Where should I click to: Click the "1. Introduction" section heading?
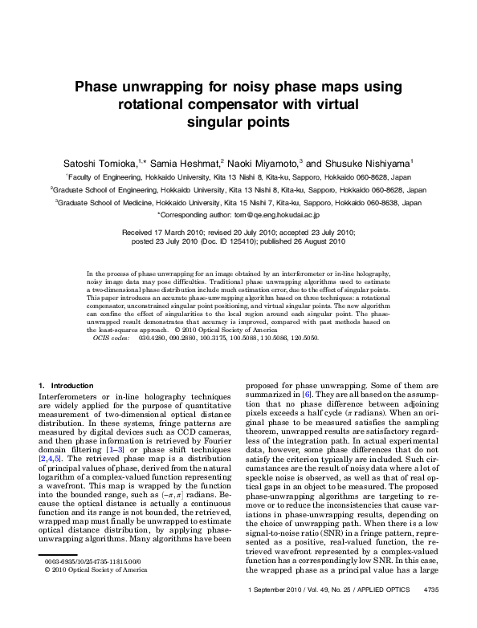click(x=66, y=387)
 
